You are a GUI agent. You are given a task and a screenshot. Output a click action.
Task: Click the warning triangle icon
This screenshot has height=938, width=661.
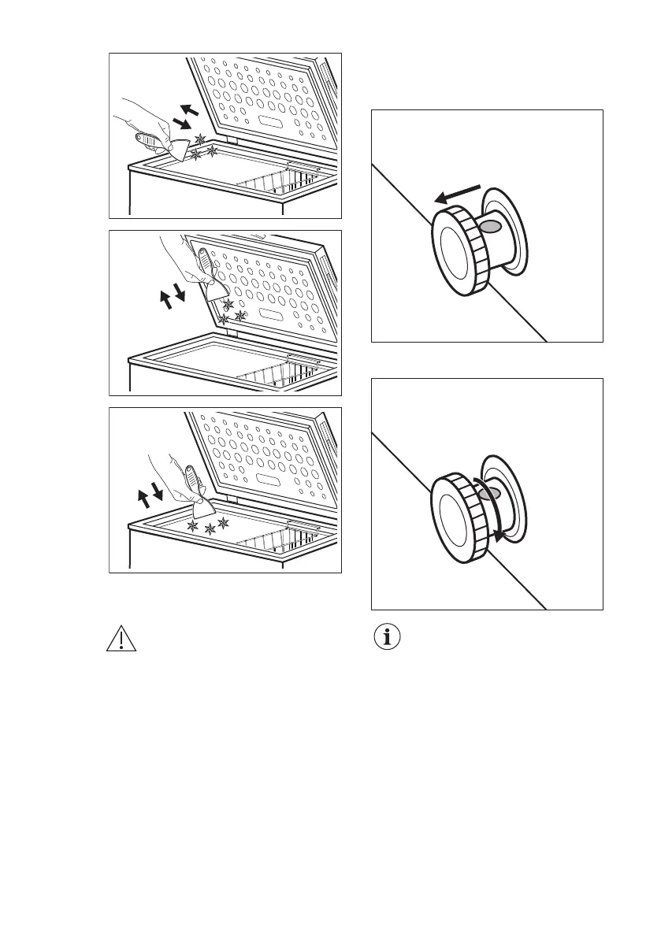pyautogui.click(x=121, y=639)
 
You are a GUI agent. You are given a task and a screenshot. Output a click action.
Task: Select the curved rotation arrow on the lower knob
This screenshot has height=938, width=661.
pyautogui.click(x=499, y=512)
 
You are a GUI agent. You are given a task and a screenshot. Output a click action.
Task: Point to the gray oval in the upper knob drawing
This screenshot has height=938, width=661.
pyautogui.click(x=490, y=227)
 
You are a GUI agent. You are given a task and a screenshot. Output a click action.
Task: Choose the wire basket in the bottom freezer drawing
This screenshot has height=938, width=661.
pyautogui.click(x=284, y=543)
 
